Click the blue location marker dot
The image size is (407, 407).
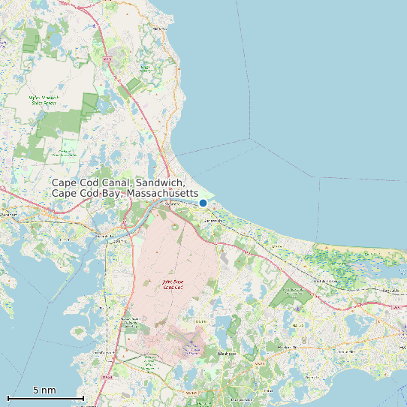203,203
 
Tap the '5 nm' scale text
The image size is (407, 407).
44,390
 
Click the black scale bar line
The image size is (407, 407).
45,397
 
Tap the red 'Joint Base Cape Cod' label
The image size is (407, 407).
173,285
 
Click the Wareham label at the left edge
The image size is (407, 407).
10,214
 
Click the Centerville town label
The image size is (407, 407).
346,351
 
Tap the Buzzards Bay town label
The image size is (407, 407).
118,240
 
